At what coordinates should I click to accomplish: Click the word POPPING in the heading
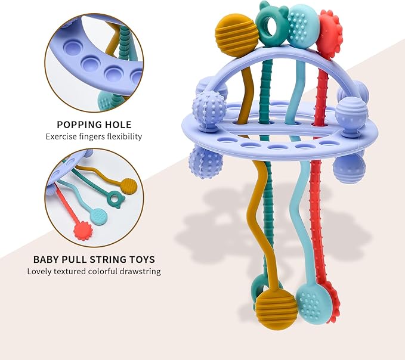(x=79, y=125)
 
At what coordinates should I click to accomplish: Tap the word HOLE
(x=118, y=125)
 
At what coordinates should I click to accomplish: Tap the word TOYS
(x=141, y=259)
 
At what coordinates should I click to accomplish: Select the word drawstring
(x=140, y=271)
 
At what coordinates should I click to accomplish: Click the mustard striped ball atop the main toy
(x=236, y=35)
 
